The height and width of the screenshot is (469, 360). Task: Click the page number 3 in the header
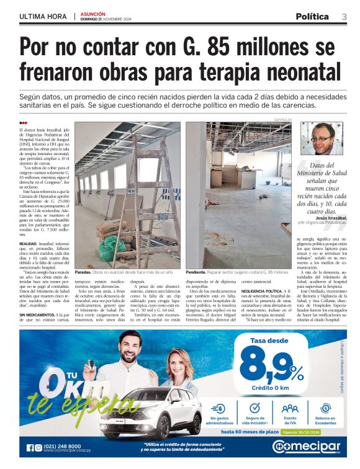point(344,16)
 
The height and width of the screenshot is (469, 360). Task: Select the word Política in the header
point(312,16)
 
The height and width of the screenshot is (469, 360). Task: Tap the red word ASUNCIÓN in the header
point(93,13)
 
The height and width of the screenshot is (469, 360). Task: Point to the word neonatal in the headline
point(295,69)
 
